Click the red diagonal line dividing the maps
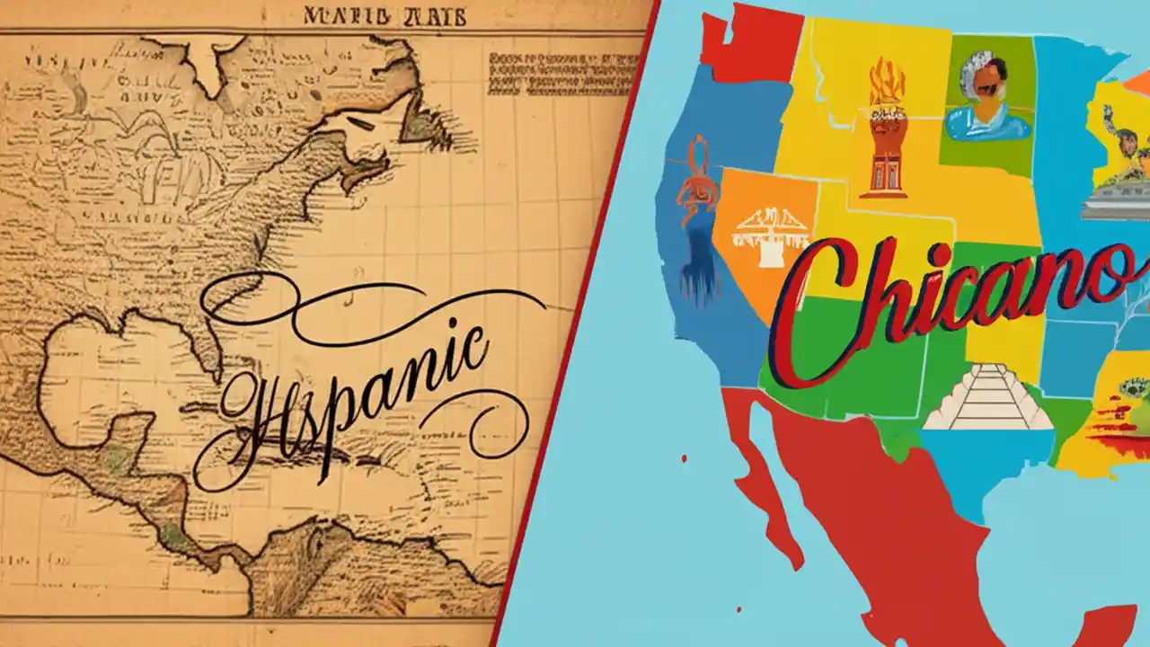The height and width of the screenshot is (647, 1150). click(575, 323)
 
